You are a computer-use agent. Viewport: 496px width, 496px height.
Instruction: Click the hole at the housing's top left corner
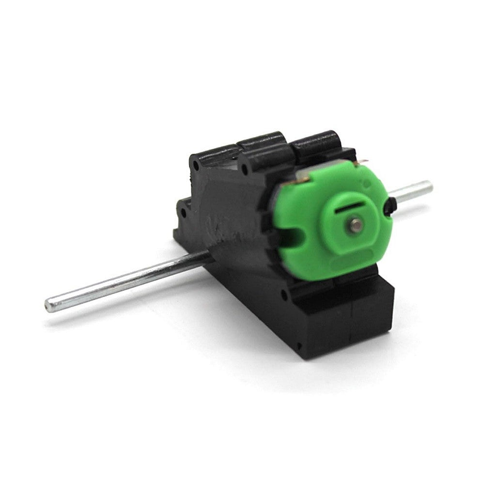point(196,165)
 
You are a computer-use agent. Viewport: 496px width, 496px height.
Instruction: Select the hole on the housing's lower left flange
point(183,212)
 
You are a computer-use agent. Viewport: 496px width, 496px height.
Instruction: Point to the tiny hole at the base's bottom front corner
point(300,346)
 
